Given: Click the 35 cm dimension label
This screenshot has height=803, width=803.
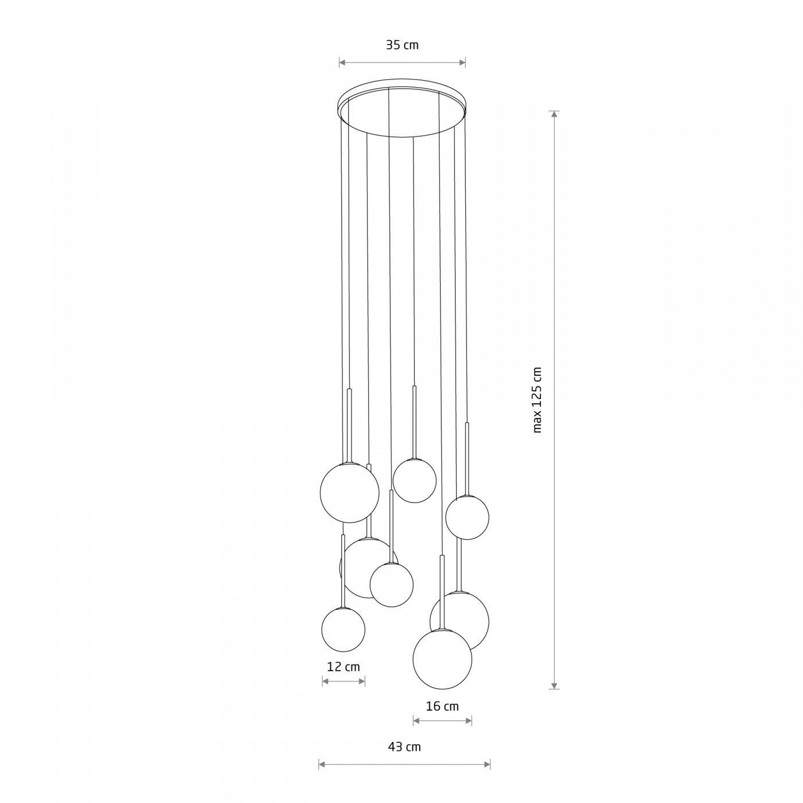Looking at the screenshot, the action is point(402,45).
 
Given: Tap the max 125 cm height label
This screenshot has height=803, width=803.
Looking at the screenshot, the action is point(537,400).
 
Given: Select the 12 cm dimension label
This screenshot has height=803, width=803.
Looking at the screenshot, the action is point(344,667).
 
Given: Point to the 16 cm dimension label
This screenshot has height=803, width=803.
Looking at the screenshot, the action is point(442,706).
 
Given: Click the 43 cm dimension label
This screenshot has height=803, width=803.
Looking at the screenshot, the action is point(404,747).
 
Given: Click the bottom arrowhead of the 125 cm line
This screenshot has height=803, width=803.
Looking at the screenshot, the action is point(554,686).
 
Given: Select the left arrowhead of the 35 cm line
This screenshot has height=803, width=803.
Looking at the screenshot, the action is point(342,63).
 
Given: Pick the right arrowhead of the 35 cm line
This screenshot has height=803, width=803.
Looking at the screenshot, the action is point(462,63).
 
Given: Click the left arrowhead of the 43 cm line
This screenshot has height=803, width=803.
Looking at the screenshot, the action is point(322,765).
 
